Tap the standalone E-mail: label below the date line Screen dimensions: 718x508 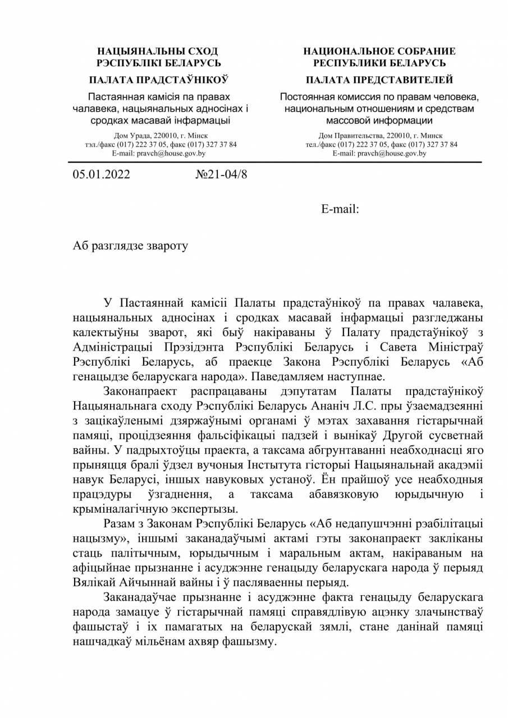tap(340, 209)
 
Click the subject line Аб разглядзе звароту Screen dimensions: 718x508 tap(130, 245)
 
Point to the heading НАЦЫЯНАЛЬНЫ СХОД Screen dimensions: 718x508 tap(158, 51)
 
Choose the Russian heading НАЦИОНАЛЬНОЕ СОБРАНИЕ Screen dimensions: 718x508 tap(379, 51)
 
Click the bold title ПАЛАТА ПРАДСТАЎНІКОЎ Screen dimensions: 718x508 tap(158, 80)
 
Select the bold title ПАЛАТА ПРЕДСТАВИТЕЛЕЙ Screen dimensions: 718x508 tap(379, 80)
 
